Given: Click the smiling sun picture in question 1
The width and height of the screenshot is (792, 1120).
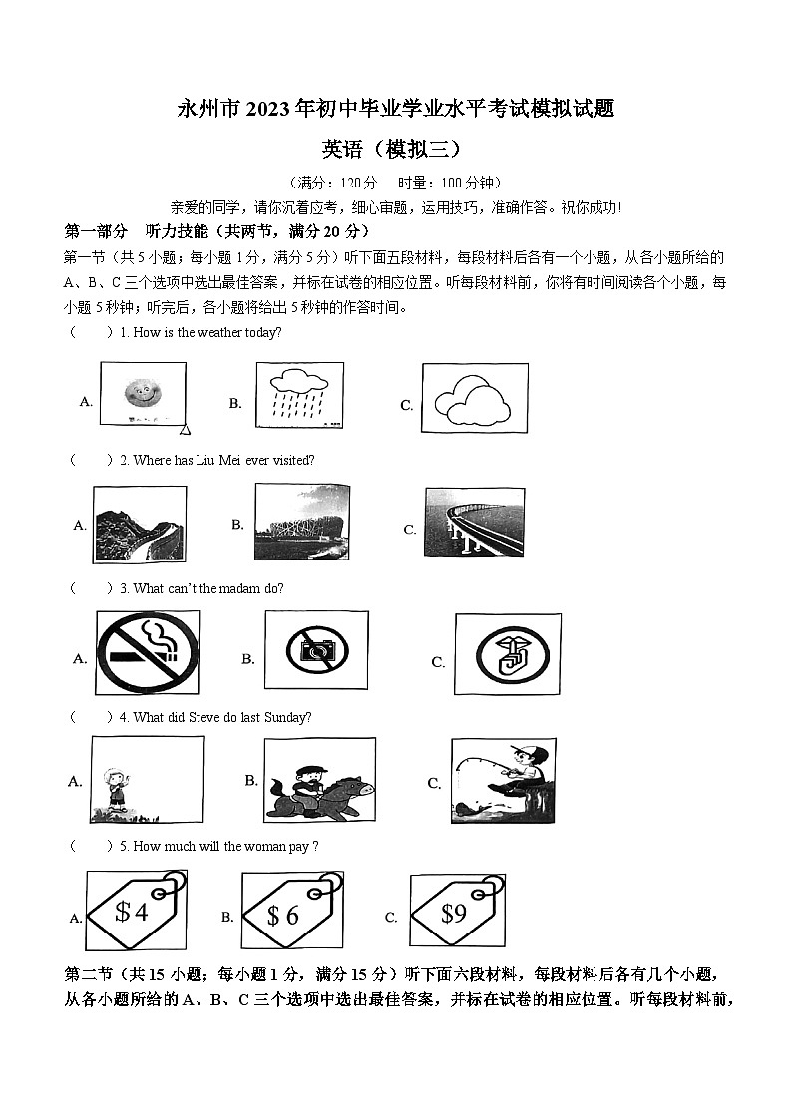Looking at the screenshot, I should (143, 397).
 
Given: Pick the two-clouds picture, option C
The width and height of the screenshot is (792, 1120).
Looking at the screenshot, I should (474, 398).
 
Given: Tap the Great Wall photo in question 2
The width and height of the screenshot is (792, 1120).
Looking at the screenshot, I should (140, 524).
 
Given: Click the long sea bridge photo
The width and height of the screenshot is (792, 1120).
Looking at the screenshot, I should (474, 522).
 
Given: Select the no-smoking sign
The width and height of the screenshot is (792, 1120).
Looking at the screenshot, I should (148, 652).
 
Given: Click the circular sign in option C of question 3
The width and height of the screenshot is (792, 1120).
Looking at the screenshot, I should (507, 654).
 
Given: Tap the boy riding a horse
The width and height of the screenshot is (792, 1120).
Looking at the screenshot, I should (319, 781).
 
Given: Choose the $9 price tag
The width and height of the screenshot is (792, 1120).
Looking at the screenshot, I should (456, 912).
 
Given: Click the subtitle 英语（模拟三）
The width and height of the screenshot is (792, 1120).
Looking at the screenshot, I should (396, 149).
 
